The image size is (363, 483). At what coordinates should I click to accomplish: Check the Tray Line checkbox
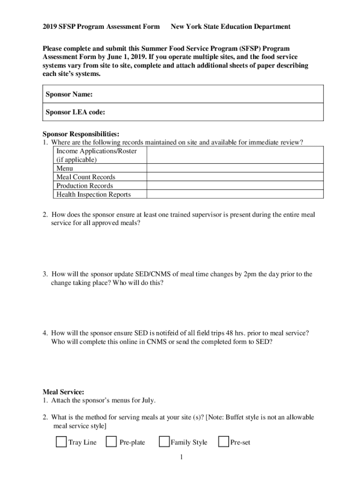point(61,442)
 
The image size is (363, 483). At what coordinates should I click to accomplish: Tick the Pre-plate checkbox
point(111,442)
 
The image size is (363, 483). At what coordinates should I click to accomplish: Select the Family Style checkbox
point(164,442)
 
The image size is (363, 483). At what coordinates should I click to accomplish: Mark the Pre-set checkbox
point(223,442)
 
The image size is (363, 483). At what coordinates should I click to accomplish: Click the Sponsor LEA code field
point(212,112)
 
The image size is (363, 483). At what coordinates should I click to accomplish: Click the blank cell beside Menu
point(235,168)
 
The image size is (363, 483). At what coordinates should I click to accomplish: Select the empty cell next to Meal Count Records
point(235,177)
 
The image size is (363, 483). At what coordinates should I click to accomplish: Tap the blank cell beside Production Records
point(235,185)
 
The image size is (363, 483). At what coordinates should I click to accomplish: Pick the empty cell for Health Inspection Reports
point(235,194)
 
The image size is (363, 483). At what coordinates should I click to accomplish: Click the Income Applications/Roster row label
point(97,151)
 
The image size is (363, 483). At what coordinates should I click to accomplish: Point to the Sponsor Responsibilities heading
point(81,134)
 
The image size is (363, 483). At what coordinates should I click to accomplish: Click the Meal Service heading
point(64,392)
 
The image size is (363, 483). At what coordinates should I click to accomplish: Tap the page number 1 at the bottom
point(181,458)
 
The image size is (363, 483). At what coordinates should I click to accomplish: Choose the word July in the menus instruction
point(148,400)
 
